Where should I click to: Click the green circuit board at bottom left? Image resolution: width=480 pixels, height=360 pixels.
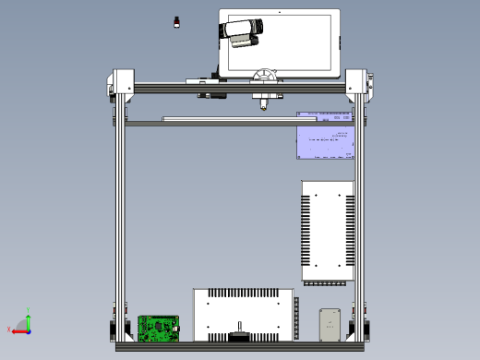click(x=156, y=328)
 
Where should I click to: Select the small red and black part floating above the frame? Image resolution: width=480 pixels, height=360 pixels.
click(x=176, y=21)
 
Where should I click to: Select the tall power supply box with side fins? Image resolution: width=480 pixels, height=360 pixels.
click(x=327, y=231)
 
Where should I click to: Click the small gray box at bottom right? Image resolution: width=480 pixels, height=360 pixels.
click(x=330, y=324)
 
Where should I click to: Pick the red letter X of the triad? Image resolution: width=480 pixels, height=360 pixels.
click(x=8, y=330)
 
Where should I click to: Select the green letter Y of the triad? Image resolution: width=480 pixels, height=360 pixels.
click(x=28, y=309)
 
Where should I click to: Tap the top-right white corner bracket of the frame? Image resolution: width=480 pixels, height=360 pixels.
click(x=357, y=83)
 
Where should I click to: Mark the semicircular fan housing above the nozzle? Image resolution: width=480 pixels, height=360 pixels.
click(x=265, y=77)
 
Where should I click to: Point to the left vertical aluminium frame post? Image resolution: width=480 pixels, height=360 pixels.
click(x=120, y=212)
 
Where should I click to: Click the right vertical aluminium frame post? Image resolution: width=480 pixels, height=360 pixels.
click(x=359, y=212)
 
